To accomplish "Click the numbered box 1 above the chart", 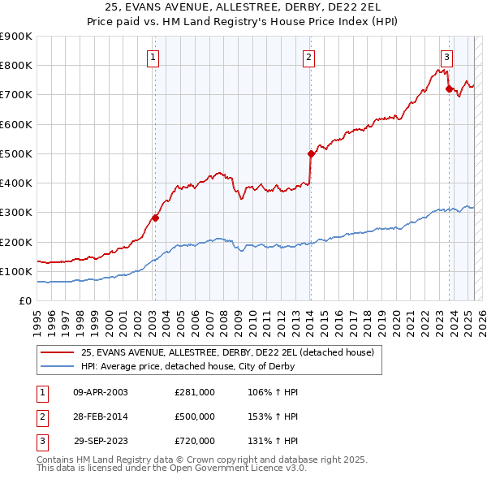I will [x=154, y=57].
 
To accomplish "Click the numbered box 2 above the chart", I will [x=310, y=57].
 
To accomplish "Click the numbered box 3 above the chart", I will [x=447, y=57].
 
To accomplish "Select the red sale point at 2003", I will [x=155, y=218].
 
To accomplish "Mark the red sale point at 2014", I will [x=311, y=153].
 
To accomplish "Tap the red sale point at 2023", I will [x=449, y=88].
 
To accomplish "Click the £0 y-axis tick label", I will [x=24, y=300].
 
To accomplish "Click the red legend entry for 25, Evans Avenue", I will [x=227, y=352].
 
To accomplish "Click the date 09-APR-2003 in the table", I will [x=101, y=392].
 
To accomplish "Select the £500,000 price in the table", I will [x=195, y=416].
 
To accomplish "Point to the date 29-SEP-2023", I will [x=101, y=441].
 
